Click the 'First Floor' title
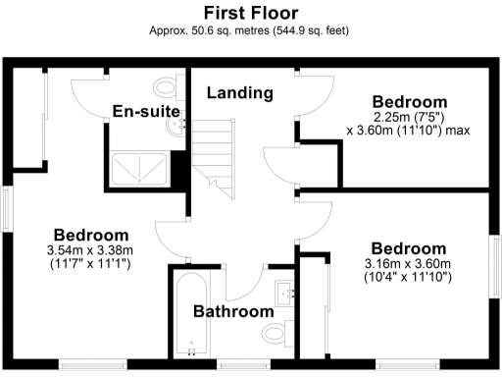[x=250, y=13]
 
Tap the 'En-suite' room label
[x=144, y=110]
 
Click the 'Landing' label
[x=239, y=93]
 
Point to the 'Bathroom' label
[x=232, y=312]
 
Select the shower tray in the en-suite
[x=140, y=170]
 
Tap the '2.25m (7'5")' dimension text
[x=410, y=117]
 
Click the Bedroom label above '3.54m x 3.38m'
[x=91, y=236]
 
